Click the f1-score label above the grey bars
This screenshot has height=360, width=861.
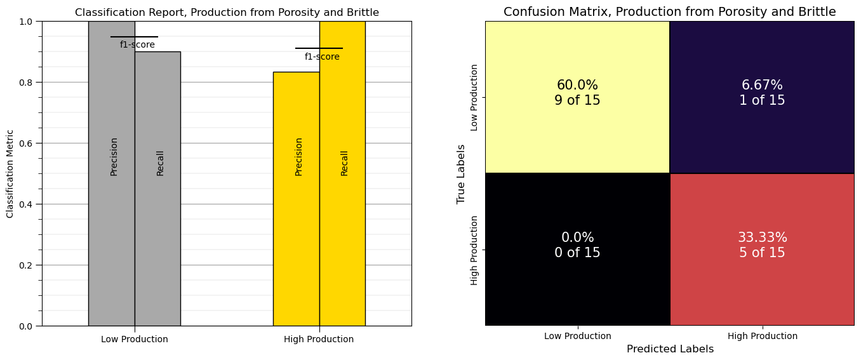coord(137,45)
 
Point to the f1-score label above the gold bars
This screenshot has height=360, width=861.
coord(322,57)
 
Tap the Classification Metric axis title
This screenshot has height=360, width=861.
coord(10,173)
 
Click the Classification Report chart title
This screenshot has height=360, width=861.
coord(227,13)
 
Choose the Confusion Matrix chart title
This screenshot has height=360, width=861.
coord(669,12)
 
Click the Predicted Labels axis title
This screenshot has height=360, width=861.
coord(670,349)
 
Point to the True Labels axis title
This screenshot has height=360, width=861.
coord(462,173)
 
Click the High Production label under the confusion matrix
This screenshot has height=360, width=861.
coord(762,337)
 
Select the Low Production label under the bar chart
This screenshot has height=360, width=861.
coord(135,340)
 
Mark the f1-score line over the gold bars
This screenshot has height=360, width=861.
coord(319,48)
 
